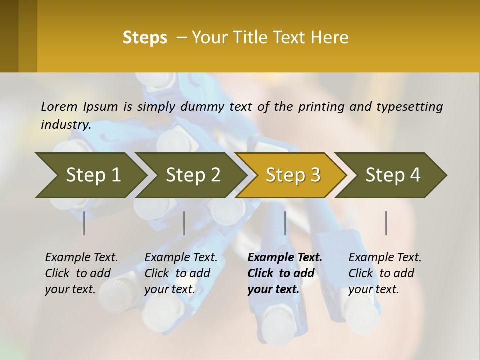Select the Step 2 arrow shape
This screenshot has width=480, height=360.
coord(192,175)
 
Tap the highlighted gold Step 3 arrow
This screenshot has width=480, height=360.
coord(292,175)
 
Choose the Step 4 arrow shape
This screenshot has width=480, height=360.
coord(392,175)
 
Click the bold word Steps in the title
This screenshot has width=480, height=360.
coord(145,38)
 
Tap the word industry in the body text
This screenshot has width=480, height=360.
coord(65,125)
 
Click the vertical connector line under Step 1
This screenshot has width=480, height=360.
coord(84,223)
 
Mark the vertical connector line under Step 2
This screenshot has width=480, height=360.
coord(184,223)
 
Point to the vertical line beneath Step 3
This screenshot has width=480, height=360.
coord(285,223)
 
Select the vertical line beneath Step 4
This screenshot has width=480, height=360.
coord(386,223)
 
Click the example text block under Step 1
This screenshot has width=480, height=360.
coord(81,273)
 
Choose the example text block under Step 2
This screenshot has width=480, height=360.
coord(181,273)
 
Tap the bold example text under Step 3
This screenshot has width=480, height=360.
coord(284,273)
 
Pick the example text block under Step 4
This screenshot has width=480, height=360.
coord(385,273)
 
